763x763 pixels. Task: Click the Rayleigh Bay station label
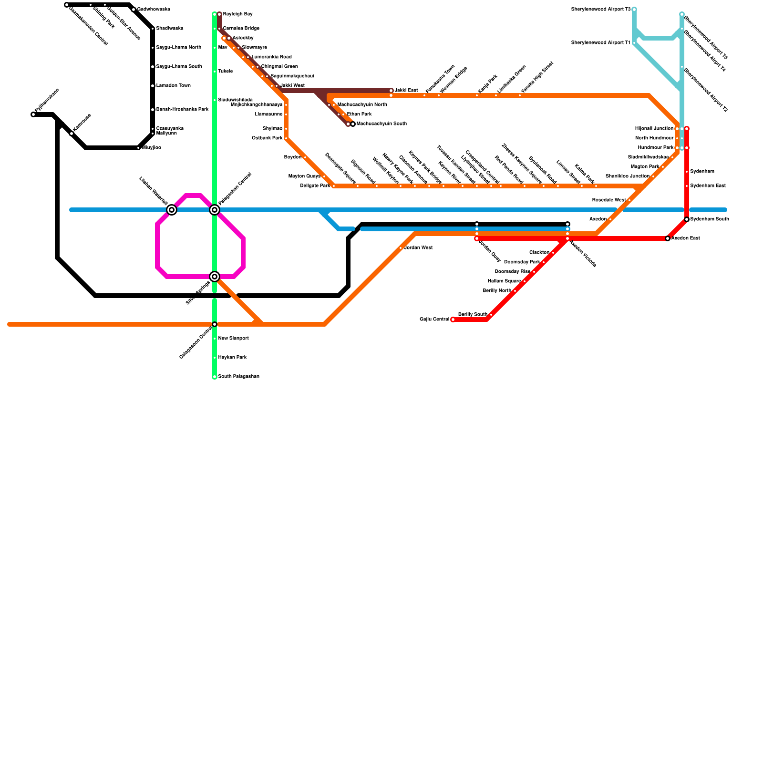pos(237,14)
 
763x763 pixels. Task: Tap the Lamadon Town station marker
pos(153,86)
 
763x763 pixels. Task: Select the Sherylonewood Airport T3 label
pos(600,10)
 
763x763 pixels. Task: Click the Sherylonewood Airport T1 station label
pos(600,43)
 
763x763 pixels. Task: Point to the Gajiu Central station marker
pos(453,320)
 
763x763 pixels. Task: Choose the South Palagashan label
pos(238,377)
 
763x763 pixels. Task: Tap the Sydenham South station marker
pos(687,219)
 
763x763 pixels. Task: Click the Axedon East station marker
pos(668,238)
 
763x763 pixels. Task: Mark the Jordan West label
pos(418,248)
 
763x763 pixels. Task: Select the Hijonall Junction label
pos(654,129)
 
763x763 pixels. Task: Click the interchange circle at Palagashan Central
pos(215,210)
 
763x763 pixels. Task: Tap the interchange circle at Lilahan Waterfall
pos(172,210)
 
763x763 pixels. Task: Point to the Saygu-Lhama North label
pos(178,48)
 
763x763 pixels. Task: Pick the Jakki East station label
pos(406,91)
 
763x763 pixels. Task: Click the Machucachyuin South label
pos(381,124)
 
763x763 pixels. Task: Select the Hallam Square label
pos(504,281)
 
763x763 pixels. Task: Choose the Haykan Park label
pos(232,358)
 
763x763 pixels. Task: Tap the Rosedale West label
pos(608,200)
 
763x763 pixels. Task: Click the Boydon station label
pos(292,157)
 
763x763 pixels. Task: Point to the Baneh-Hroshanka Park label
pos(182,110)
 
